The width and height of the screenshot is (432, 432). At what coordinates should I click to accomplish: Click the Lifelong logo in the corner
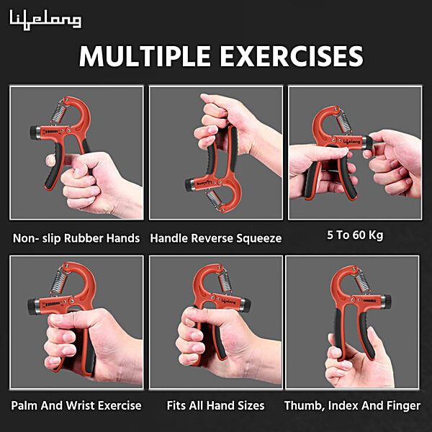coord(45,20)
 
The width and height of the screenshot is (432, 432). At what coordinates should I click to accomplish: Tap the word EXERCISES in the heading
coord(292,56)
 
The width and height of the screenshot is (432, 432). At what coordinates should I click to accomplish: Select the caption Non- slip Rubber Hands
coord(76,238)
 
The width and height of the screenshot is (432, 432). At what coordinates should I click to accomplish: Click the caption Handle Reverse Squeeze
coord(216,238)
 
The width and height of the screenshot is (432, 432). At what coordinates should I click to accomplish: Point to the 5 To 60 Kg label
coord(355,235)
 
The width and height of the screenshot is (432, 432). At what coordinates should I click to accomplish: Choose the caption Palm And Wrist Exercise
coord(76,405)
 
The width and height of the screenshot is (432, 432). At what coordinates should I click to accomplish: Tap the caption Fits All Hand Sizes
coord(216,405)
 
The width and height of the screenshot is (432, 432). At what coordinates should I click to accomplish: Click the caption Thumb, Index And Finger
coord(352,405)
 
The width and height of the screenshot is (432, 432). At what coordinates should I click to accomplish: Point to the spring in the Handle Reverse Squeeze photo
coord(214,198)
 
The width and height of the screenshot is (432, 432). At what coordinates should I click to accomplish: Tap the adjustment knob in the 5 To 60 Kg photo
coord(368,143)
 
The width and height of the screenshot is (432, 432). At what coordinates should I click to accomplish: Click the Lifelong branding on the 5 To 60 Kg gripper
coord(351,141)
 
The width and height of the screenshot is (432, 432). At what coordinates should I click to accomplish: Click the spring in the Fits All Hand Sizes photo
coord(225,282)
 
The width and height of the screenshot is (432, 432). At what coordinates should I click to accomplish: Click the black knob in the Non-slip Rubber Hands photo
coord(35,132)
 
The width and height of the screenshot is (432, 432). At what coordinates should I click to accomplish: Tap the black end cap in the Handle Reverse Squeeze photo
coord(190,184)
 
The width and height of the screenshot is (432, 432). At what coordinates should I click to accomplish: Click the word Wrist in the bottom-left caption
coord(81,405)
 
